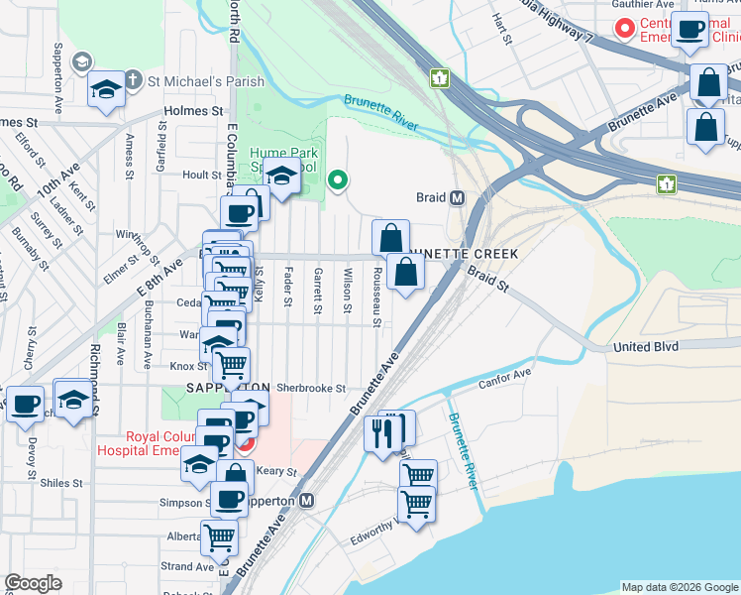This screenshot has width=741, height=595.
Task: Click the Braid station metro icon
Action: coord(458,197)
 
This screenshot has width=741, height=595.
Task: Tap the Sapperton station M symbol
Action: coord(307,501)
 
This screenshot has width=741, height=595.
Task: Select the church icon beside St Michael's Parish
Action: coord(132,80)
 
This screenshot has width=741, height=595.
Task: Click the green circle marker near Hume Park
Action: coord(338,179)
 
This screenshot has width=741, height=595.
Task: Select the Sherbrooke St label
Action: coord(310,389)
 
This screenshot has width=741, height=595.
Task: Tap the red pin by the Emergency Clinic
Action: coord(624,28)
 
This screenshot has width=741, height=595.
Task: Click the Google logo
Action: coord(33,583)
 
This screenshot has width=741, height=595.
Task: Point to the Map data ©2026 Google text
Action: coord(679,587)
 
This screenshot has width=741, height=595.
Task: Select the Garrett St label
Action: coord(318,292)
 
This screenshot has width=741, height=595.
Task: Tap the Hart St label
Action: coord(503,30)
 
